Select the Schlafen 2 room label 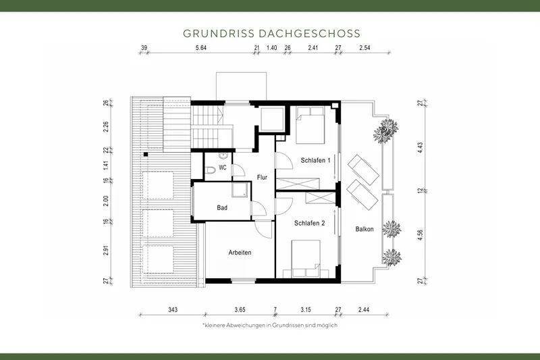pos(310,222)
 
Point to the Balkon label pos(364,229)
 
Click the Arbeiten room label pos(239,252)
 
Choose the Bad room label pos(222,208)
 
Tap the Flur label pos(263,177)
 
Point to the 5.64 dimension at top pos(201,48)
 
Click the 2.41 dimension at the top pos(313,48)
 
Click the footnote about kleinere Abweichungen pos(269,325)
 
